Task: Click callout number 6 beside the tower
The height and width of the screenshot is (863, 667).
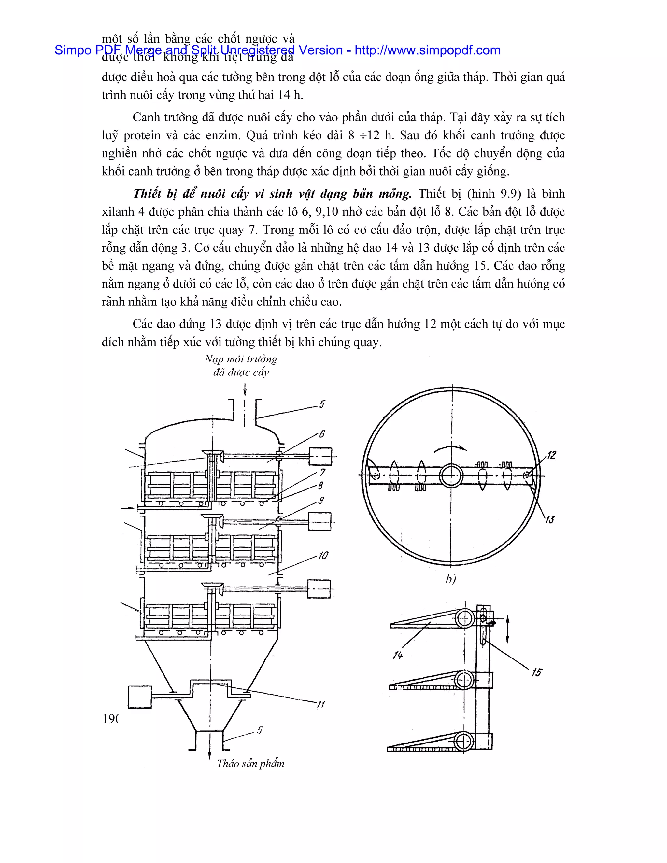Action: (322, 434)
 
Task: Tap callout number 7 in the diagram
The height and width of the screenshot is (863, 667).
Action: (322, 472)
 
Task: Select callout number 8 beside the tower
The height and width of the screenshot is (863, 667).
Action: (320, 486)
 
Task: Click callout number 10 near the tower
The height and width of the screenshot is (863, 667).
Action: (323, 556)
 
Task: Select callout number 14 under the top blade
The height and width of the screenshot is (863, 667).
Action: (398, 655)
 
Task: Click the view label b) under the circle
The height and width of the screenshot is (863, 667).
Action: (450, 579)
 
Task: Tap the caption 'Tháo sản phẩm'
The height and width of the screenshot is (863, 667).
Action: (250, 763)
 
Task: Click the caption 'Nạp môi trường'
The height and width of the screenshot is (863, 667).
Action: (241, 359)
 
